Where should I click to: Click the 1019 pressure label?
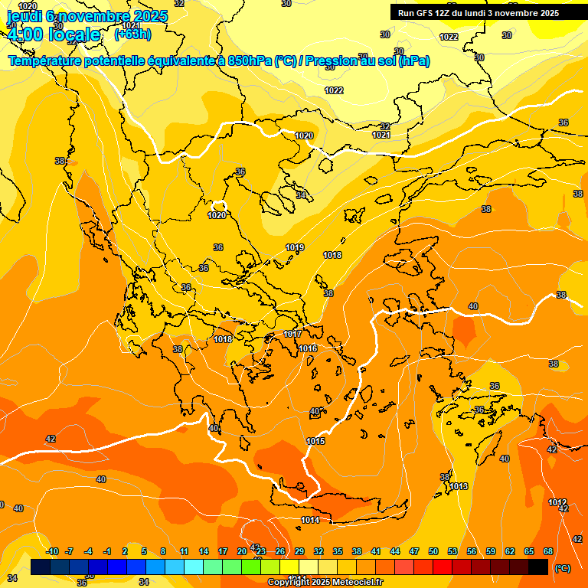click(295, 247)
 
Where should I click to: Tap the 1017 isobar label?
click(292, 335)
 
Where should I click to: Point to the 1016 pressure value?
click(308, 348)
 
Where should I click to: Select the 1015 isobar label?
click(315, 441)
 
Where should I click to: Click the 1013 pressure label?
click(459, 486)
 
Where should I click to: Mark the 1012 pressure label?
click(557, 502)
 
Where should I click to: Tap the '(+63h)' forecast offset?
click(132, 34)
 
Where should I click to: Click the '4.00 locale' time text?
click(53, 34)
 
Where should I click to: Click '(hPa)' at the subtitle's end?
click(413, 61)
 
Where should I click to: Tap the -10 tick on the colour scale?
click(52, 551)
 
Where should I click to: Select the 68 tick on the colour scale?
click(547, 551)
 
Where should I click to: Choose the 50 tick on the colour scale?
click(433, 551)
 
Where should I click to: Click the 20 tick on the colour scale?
click(242, 551)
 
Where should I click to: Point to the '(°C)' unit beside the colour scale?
click(563, 568)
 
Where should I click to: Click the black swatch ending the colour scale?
click(538, 567)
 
